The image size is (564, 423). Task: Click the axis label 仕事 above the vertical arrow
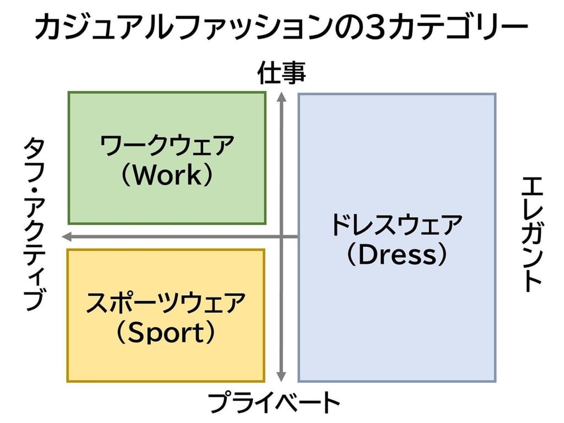[281, 74]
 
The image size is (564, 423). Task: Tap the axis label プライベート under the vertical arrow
[274, 403]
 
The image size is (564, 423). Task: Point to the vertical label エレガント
[532, 234]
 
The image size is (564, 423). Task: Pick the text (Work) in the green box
[167, 175]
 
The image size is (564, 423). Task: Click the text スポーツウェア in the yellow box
[166, 304]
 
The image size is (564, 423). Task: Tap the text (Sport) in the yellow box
[166, 333]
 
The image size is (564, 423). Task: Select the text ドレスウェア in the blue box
[397, 226]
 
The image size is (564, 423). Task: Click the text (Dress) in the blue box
[397, 254]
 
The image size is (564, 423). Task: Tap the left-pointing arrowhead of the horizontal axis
[66, 237]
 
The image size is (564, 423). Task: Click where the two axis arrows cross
[281, 237]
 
